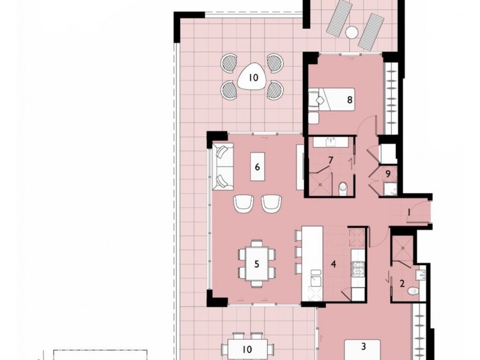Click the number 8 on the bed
coord(350,100)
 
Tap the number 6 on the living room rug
coord(257,167)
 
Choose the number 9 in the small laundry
coord(389,173)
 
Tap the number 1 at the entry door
coord(409,212)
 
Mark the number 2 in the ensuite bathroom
coord(403,283)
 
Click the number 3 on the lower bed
coord(363,346)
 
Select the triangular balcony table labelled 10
coord(253,77)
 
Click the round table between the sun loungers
coord(352,32)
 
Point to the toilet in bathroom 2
coord(413,291)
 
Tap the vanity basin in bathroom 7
coord(331,142)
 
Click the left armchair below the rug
coord(244,204)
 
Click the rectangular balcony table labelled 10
coord(247,348)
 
